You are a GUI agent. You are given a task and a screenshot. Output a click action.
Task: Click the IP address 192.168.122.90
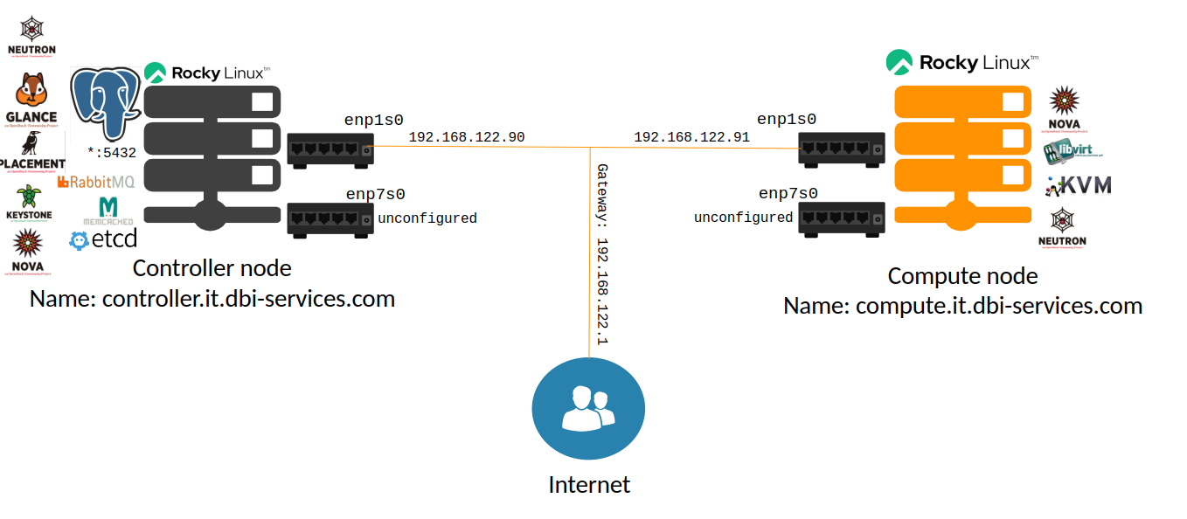click(467, 137)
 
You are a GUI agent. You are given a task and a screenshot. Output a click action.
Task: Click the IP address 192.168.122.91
click(691, 137)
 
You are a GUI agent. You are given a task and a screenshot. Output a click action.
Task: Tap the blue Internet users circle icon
click(588, 408)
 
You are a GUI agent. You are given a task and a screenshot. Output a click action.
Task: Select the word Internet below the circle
click(588, 485)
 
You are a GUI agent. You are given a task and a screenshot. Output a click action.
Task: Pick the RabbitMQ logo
click(95, 182)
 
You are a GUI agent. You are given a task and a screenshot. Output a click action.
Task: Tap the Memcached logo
click(108, 211)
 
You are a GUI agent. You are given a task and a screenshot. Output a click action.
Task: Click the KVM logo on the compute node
click(1079, 185)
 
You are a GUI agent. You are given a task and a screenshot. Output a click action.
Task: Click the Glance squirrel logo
click(31, 98)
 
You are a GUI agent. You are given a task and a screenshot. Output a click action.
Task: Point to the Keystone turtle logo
click(31, 202)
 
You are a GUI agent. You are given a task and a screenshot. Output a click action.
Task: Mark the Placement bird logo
click(32, 151)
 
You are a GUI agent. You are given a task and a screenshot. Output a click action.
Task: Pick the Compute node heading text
click(962, 276)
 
